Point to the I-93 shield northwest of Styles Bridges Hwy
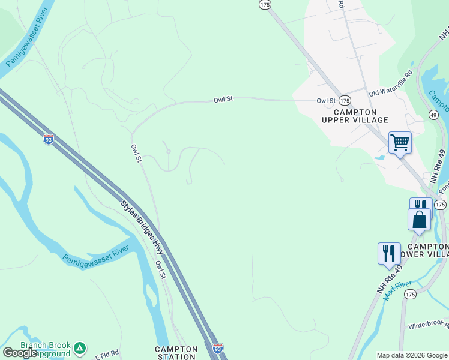(49, 139)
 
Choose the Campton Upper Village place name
(355, 116)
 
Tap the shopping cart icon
(400, 143)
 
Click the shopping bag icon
(419, 220)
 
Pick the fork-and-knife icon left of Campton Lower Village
(389, 253)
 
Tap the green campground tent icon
(80, 347)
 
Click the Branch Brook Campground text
(46, 349)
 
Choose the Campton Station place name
(176, 353)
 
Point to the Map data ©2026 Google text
(412, 355)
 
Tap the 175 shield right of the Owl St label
(344, 100)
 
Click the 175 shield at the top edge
(265, 4)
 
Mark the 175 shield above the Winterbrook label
(410, 294)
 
